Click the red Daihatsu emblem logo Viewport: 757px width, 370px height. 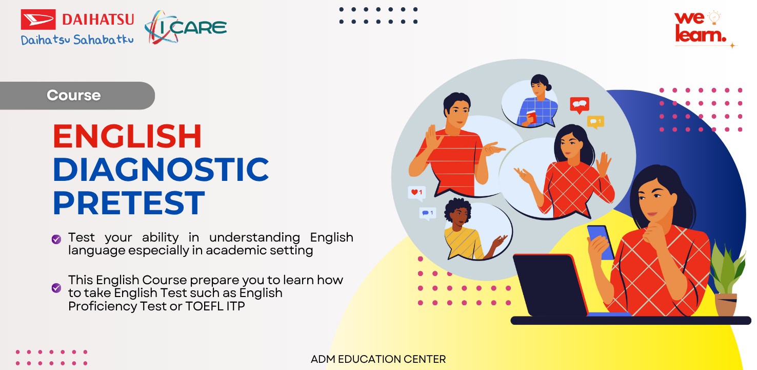click(x=38, y=20)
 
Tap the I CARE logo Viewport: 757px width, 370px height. click(x=186, y=27)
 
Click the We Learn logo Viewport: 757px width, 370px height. click(x=702, y=28)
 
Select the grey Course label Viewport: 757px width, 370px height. click(x=74, y=96)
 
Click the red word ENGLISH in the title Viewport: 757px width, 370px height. click(x=127, y=137)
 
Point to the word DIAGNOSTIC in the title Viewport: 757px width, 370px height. click(x=161, y=170)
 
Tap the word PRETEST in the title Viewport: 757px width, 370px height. click(x=129, y=202)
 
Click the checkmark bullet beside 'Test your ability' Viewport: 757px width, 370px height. click(x=56, y=239)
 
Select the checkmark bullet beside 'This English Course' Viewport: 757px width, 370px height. click(x=56, y=288)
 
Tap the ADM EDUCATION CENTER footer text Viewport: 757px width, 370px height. click(x=378, y=359)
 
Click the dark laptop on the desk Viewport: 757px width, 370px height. click(x=550, y=285)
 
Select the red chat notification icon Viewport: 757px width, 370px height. click(x=580, y=104)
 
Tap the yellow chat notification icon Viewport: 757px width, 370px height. click(x=595, y=121)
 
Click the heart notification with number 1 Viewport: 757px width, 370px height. click(x=416, y=193)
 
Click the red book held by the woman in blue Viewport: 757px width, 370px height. click(x=531, y=117)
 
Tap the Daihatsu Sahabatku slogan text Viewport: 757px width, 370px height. click(x=77, y=40)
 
